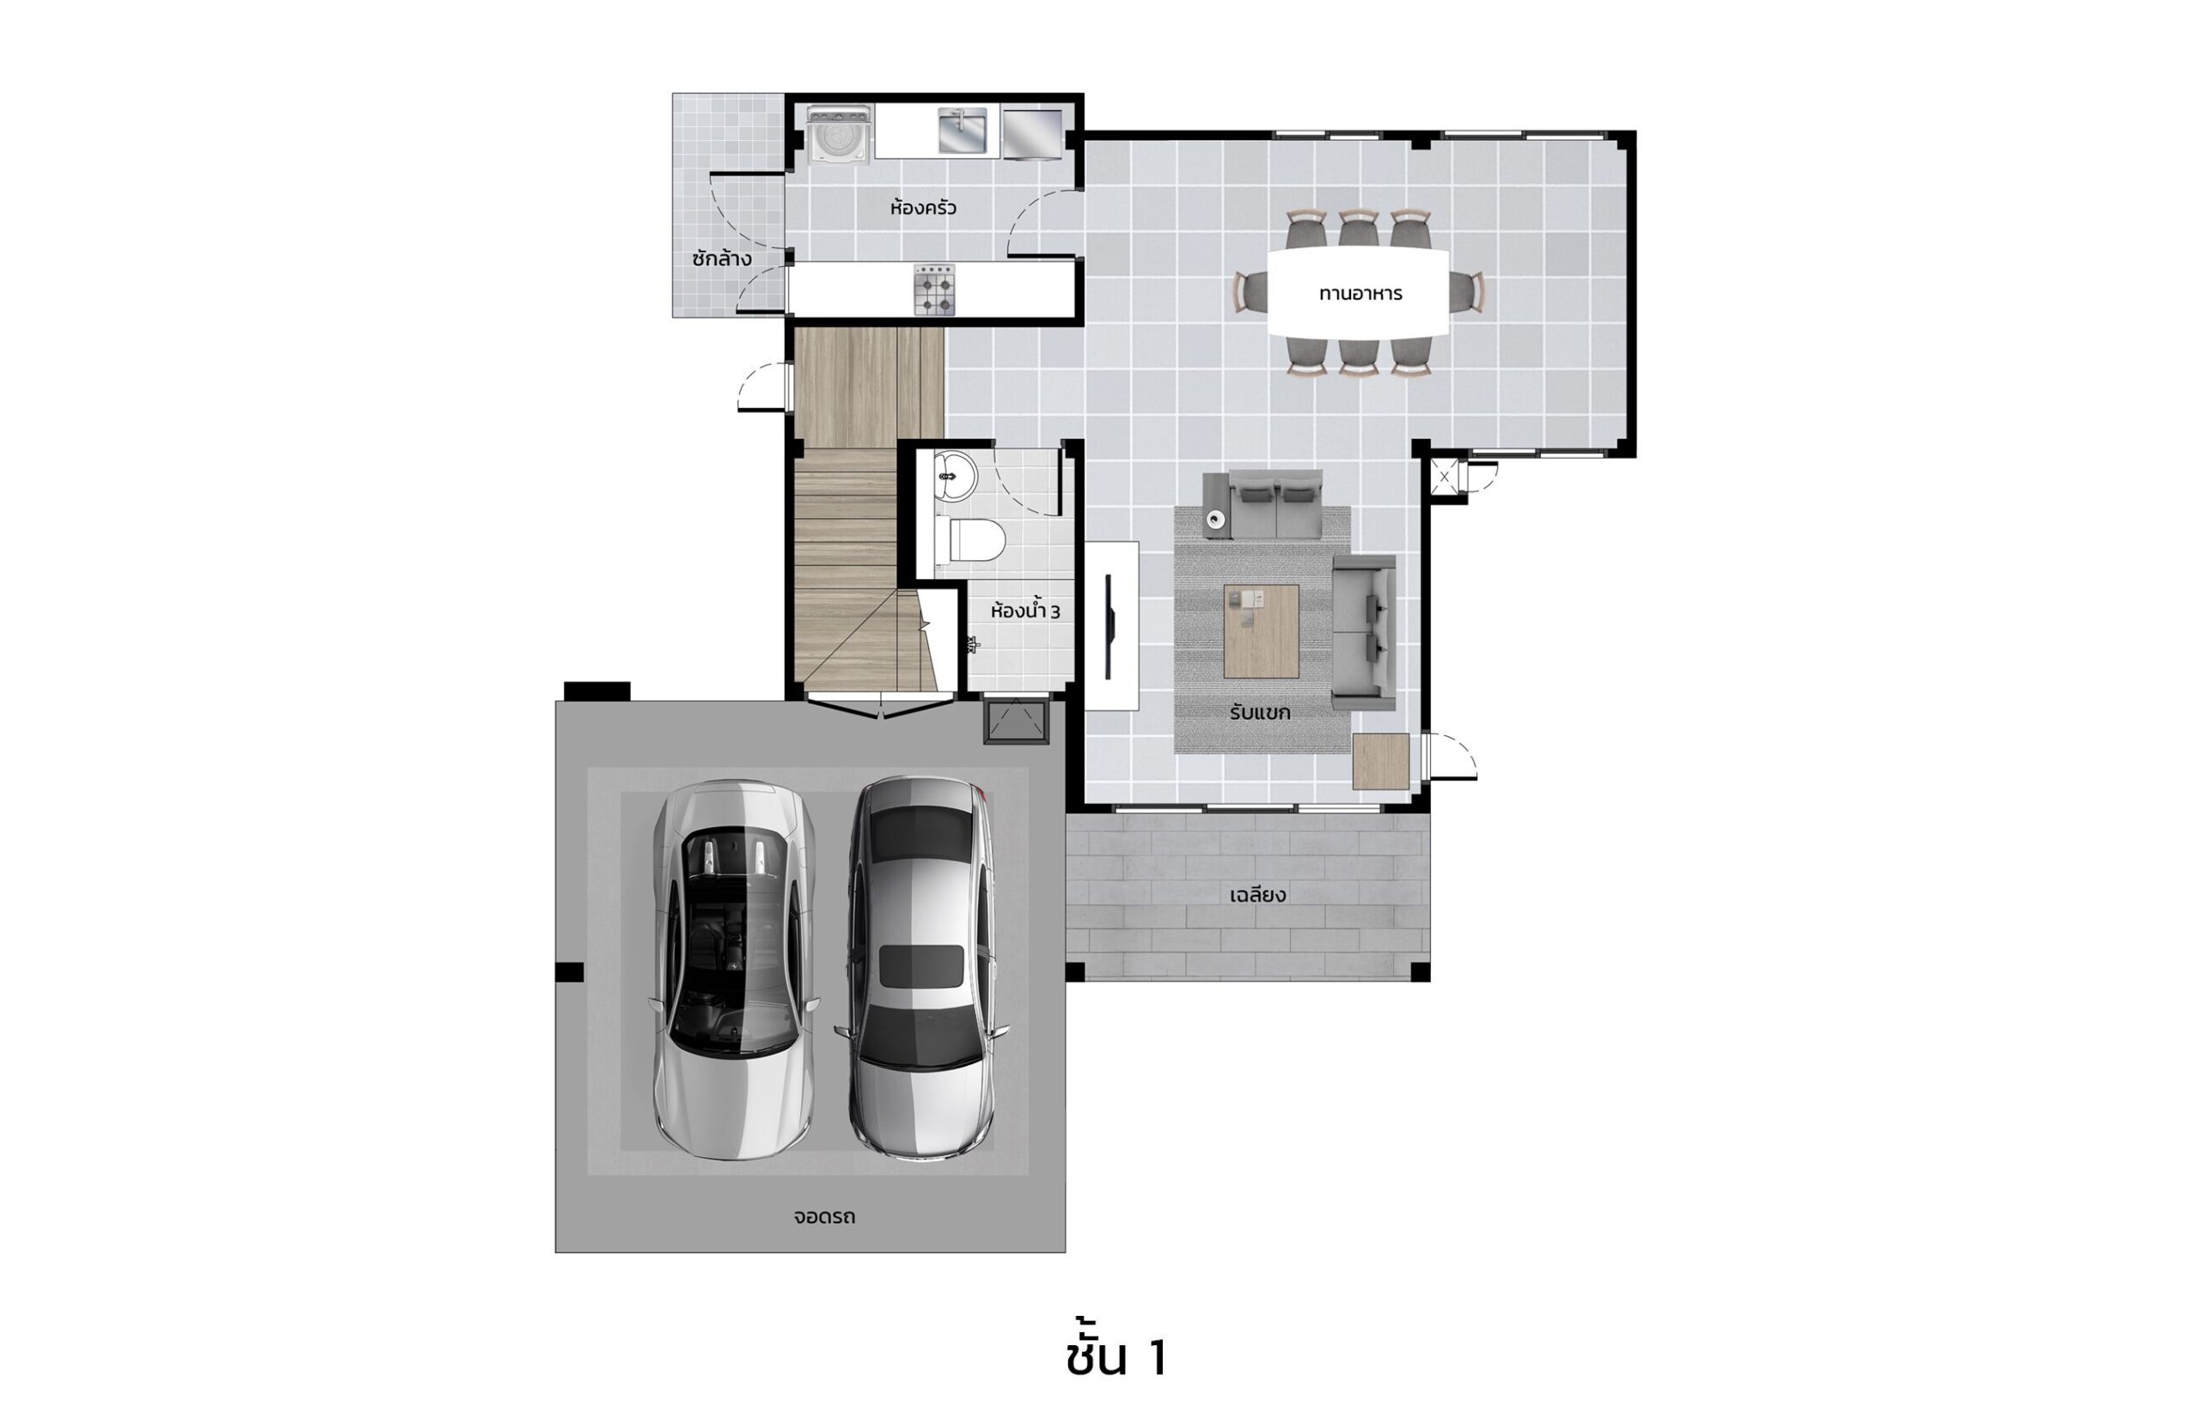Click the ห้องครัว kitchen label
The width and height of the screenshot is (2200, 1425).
click(x=922, y=208)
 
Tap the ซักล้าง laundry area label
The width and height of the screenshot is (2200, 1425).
click(x=721, y=258)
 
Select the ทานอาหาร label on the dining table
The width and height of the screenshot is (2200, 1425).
click(x=1360, y=294)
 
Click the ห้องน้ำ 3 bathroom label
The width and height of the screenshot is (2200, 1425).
click(x=1025, y=610)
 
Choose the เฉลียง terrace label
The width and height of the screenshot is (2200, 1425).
click(x=1257, y=894)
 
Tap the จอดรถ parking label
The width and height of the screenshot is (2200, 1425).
click(x=823, y=1216)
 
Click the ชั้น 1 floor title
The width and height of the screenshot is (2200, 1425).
click(x=1115, y=1356)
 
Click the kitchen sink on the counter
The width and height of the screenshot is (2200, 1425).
click(x=962, y=131)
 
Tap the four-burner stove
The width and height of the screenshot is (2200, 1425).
click(x=933, y=290)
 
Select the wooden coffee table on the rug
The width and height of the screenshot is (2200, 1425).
click(x=1261, y=631)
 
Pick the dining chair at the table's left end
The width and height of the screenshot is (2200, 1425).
click(x=1250, y=292)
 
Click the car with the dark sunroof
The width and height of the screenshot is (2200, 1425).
click(x=921, y=966)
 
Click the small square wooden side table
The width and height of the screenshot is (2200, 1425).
click(x=1380, y=762)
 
